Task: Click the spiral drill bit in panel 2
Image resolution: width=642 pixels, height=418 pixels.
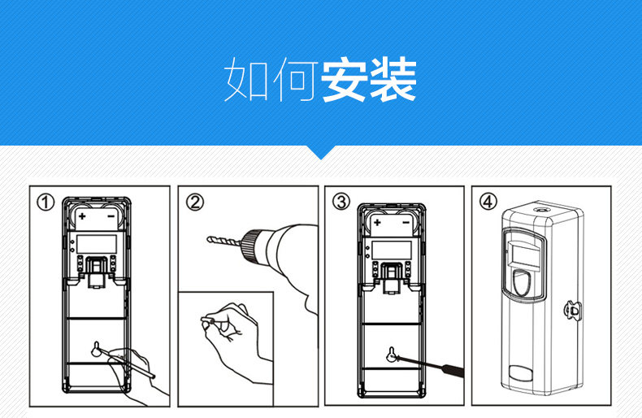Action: (x=223, y=241)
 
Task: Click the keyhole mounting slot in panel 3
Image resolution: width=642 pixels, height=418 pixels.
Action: (x=391, y=355)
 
